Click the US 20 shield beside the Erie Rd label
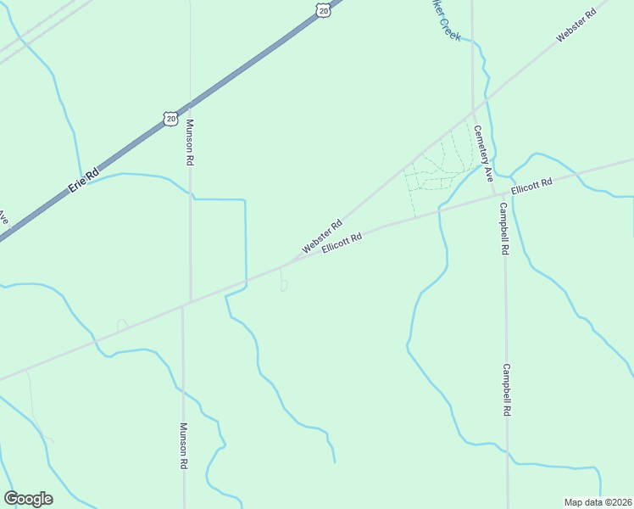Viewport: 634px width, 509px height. pos(171,117)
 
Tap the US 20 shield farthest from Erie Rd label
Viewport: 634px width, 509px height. pos(323,9)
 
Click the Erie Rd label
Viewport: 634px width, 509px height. pos(84,179)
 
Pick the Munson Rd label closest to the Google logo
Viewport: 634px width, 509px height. pos(183,447)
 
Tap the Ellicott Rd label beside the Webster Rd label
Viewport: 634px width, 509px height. pos(342,243)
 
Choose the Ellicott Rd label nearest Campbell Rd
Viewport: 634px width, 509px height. pos(531,184)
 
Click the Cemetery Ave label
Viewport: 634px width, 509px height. pos(482,154)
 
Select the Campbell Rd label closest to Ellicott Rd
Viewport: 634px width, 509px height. pos(504,229)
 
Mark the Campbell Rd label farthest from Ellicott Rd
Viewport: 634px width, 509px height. pos(507,389)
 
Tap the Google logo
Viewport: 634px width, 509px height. pos(28,499)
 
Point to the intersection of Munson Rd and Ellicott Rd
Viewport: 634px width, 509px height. pos(183,304)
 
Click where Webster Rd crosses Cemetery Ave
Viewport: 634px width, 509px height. pos(475,109)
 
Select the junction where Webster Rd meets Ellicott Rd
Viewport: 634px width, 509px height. pos(282,266)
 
